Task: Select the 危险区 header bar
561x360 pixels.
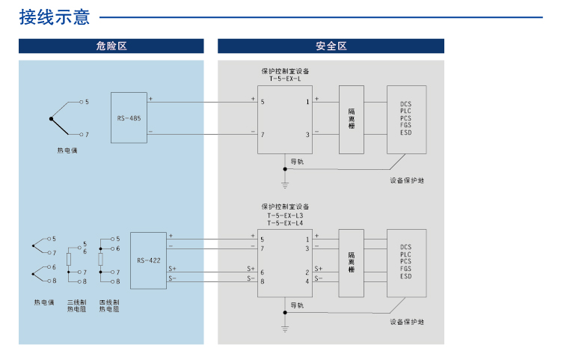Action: click(x=111, y=46)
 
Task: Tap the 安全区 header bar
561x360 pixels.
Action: click(x=331, y=46)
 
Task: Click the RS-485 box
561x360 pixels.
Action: click(x=129, y=118)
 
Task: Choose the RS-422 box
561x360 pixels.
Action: click(x=148, y=260)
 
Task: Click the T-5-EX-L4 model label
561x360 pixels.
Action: click(x=285, y=222)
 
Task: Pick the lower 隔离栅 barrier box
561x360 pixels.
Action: click(x=351, y=260)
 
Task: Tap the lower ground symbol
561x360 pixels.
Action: click(x=285, y=327)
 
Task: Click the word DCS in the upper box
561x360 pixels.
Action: click(x=406, y=103)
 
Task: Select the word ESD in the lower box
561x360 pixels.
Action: click(x=406, y=277)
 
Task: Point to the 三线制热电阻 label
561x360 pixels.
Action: click(x=76, y=305)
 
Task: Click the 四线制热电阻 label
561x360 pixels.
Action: click(x=109, y=305)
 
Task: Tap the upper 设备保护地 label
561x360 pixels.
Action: click(x=407, y=180)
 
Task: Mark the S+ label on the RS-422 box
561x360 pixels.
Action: click(x=173, y=268)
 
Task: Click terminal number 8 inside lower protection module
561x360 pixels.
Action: click(x=263, y=281)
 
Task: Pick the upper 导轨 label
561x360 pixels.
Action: click(x=297, y=162)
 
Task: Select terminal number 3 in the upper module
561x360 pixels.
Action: click(x=307, y=135)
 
